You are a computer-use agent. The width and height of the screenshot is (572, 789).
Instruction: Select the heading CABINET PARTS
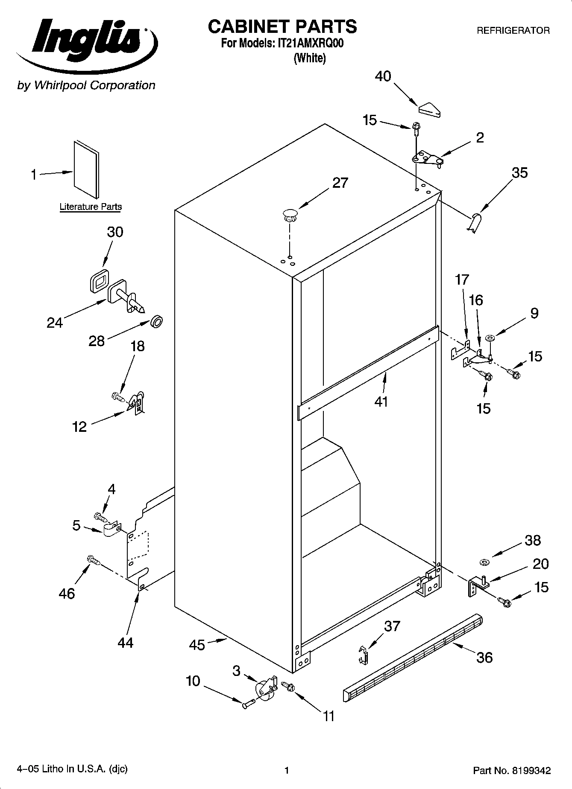(x=282, y=26)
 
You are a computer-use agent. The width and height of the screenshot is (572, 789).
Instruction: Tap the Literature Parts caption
(x=91, y=207)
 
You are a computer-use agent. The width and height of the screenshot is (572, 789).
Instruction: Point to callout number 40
(x=383, y=76)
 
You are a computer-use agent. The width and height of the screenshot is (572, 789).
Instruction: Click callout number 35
(x=519, y=173)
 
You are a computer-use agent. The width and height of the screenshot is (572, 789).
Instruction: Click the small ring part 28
(x=157, y=321)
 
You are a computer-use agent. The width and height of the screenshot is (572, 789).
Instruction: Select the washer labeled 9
(x=490, y=338)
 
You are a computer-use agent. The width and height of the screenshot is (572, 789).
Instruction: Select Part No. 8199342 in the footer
(x=511, y=771)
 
